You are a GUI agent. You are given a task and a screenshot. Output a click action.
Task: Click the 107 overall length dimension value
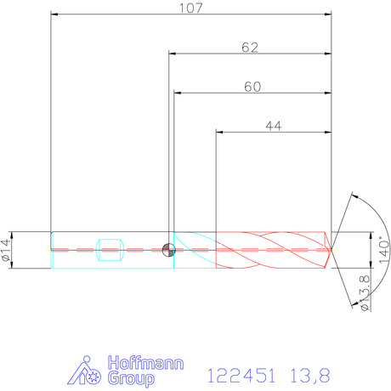click(x=191, y=8)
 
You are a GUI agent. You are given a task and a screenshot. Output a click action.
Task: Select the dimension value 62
click(x=250, y=48)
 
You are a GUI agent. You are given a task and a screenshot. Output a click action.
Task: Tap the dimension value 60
click(x=252, y=87)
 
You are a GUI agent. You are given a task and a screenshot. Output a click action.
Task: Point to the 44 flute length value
click(x=274, y=126)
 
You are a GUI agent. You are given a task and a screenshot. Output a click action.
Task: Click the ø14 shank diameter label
click(x=6, y=250)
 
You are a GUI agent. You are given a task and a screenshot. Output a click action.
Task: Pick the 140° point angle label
click(x=384, y=250)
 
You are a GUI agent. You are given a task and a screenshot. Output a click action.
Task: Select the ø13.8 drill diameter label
click(x=365, y=293)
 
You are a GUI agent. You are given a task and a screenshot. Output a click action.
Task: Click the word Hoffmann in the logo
click(x=145, y=363)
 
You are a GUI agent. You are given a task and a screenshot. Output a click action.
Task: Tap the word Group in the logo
click(x=131, y=379)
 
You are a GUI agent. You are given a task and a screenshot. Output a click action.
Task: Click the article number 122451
click(x=241, y=376)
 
